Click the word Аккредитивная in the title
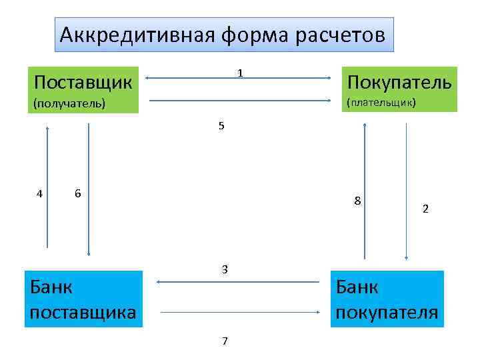(x=134, y=35)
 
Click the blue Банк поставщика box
(x=83, y=299)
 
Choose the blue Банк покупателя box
(x=387, y=299)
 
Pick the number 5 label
(x=221, y=126)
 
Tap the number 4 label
(x=40, y=194)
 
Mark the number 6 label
(x=78, y=193)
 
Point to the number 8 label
(x=358, y=201)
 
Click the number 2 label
(x=425, y=209)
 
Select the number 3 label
(x=225, y=269)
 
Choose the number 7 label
(x=225, y=341)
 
